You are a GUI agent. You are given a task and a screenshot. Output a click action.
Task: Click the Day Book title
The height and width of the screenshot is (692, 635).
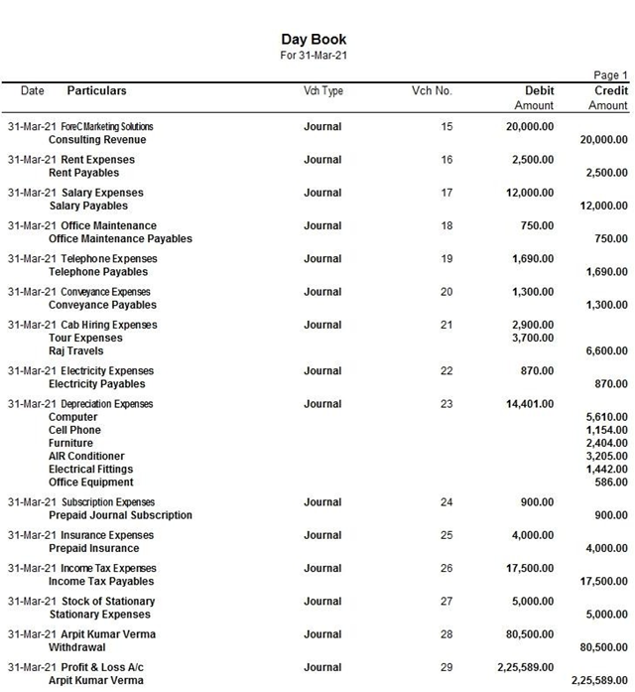(x=314, y=40)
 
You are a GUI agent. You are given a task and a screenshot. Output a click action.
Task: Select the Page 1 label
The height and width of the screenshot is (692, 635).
(x=610, y=75)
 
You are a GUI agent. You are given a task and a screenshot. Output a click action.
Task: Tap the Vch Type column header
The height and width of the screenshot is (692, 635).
(x=322, y=91)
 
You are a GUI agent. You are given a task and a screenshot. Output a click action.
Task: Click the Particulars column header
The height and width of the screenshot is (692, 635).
(x=96, y=91)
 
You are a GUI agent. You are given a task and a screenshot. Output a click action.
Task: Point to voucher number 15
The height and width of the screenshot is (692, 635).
(x=446, y=127)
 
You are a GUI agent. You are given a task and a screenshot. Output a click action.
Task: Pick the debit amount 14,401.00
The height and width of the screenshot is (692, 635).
(x=530, y=404)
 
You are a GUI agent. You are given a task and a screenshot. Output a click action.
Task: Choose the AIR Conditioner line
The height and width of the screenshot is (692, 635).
(x=86, y=457)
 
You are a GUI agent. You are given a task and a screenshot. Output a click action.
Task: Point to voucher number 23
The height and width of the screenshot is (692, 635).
(x=446, y=404)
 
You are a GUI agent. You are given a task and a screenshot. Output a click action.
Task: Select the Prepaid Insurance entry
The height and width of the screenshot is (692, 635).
(x=94, y=548)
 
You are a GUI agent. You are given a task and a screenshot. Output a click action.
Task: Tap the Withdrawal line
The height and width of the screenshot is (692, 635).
(x=76, y=647)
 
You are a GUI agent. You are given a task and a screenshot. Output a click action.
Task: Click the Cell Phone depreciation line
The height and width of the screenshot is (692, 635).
(x=74, y=431)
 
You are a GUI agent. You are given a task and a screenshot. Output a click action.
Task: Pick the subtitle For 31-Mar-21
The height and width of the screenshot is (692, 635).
(x=314, y=56)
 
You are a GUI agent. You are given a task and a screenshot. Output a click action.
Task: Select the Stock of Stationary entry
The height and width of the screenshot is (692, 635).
(x=108, y=602)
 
